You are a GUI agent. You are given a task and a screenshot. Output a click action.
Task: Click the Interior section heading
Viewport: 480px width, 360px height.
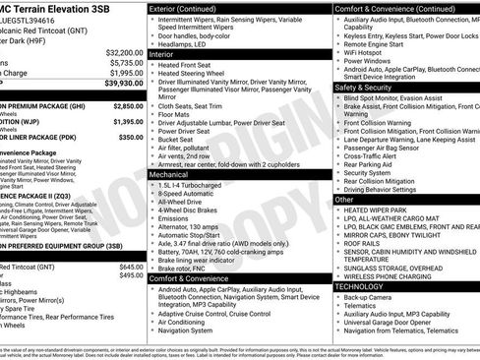pyautogui.click(x=161, y=54)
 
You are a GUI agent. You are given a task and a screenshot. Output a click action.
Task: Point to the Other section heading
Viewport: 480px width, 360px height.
pyautogui.click(x=344, y=199)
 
